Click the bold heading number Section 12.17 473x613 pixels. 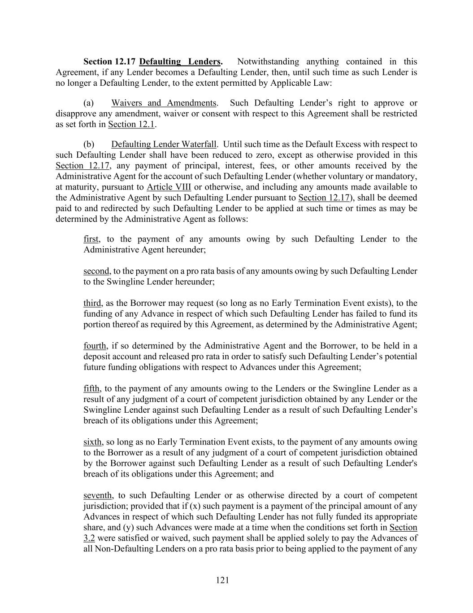tap(109, 62)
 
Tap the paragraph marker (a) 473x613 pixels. tap(89, 103)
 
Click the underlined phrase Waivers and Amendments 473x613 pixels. tap(164, 103)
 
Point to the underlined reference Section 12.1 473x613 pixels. tap(131, 124)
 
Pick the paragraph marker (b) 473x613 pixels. tap(89, 144)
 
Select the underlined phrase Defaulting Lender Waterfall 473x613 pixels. tap(164, 144)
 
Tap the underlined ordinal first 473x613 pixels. tap(91, 239)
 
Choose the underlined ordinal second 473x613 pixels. tap(96, 271)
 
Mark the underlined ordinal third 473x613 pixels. tap(92, 303)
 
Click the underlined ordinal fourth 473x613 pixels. tap(95, 346)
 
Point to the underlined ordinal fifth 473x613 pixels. tap(92, 388)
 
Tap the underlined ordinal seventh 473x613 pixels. tap(98, 495)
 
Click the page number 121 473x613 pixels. tap(222, 580)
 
